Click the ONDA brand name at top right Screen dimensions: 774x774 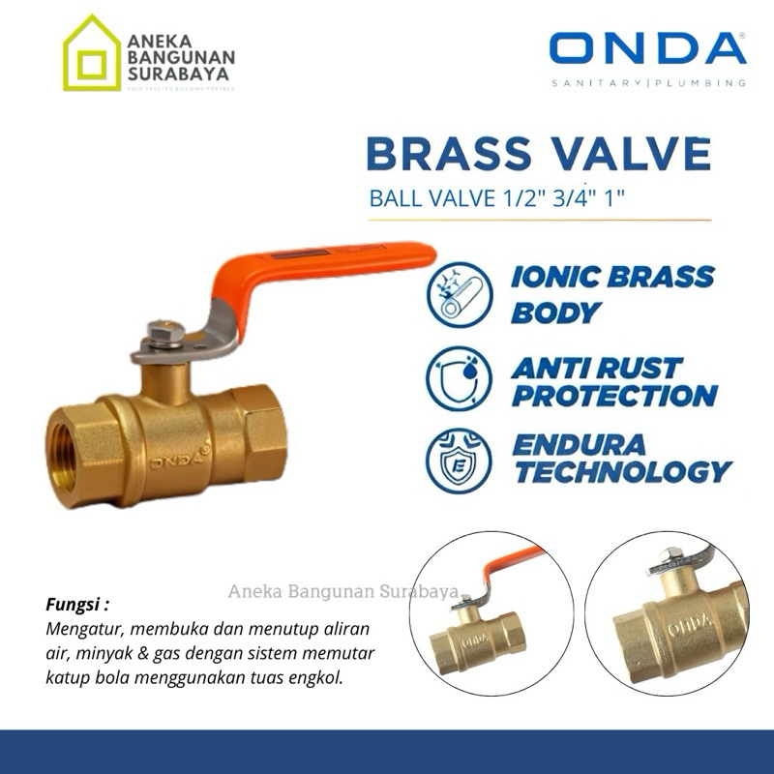647,49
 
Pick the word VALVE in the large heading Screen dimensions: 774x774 635,155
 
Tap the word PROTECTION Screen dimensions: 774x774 612,395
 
